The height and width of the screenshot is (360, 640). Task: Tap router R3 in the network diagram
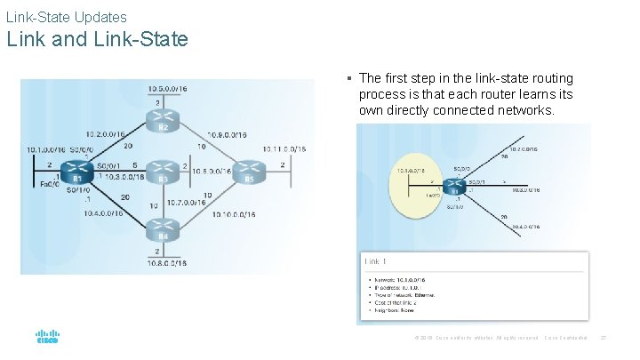click(x=163, y=169)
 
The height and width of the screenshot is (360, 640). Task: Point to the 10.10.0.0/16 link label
click(x=235, y=213)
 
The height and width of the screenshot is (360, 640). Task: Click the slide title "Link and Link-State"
click(x=97, y=39)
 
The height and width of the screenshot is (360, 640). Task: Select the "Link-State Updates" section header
click(x=66, y=16)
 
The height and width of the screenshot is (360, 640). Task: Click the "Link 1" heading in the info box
click(x=375, y=261)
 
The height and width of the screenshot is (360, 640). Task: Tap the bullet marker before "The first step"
click(x=350, y=79)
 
